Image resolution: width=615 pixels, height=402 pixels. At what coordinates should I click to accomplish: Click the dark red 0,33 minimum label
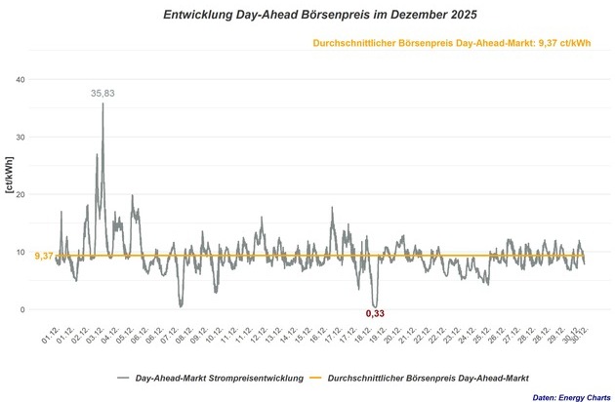coord(375,313)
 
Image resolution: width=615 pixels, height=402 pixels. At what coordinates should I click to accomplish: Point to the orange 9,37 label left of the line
coord(44,256)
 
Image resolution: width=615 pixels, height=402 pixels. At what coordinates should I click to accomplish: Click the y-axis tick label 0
coord(36,309)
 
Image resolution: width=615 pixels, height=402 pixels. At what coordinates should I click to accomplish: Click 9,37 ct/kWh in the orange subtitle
coord(570,43)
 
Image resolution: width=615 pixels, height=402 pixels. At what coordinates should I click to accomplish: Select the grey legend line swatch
coord(123,378)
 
